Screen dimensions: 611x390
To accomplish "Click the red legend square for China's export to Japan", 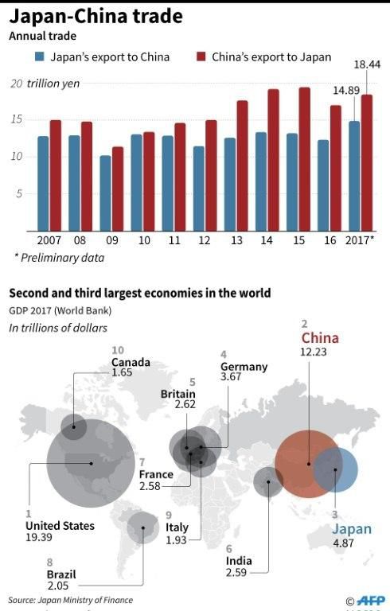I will click(201, 57).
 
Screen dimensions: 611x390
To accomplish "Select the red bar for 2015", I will click(304, 159).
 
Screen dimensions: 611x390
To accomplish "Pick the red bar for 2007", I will click(55, 175).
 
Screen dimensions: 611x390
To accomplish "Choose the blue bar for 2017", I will click(353, 176).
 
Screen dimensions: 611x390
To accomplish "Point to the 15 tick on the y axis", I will click(17, 119).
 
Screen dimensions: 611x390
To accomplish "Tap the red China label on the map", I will click(319, 338).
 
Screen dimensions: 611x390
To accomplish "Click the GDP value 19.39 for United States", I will click(38, 538).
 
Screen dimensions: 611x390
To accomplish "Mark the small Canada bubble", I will click(74, 427).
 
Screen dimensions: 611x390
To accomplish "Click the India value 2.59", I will click(239, 573).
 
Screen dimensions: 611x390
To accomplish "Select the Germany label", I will click(244, 368).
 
